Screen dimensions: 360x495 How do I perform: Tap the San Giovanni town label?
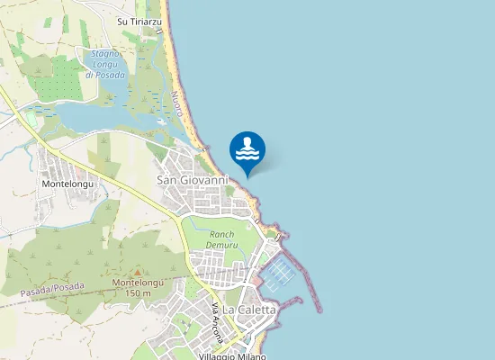pyautogui.click(x=193, y=180)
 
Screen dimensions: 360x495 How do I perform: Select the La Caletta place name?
pyautogui.click(x=249, y=310)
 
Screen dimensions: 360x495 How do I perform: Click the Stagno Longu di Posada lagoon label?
pyautogui.click(x=104, y=64)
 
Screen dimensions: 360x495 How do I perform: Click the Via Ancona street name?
pyautogui.click(x=216, y=321)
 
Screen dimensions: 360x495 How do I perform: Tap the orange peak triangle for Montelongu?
pyautogui.click(x=137, y=272)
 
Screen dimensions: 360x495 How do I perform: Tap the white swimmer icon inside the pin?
pyautogui.click(x=247, y=147)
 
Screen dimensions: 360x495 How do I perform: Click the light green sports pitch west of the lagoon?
pyautogui.click(x=33, y=118)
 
